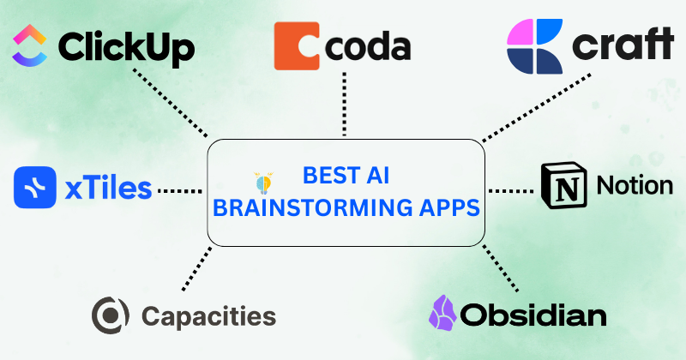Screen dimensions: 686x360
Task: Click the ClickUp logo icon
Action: [x=30, y=45]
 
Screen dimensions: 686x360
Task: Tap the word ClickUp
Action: [x=126, y=48]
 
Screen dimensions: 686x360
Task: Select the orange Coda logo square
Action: [x=297, y=46]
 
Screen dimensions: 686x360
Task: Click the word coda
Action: [x=368, y=46]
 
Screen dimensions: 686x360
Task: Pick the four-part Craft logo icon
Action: [x=534, y=46]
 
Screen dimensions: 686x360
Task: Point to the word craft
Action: [x=623, y=44]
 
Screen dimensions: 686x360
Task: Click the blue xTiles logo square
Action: [x=35, y=187]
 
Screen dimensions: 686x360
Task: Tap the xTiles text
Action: [x=109, y=188]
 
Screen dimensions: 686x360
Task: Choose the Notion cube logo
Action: [x=564, y=185]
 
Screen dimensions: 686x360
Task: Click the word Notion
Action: [x=635, y=185]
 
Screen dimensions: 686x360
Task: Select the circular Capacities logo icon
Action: [x=111, y=315]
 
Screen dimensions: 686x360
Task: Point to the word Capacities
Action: [x=208, y=315]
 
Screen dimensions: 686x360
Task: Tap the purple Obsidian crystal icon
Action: [x=442, y=312]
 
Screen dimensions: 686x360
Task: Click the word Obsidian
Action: [x=533, y=315]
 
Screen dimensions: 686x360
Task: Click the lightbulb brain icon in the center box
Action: [x=263, y=183]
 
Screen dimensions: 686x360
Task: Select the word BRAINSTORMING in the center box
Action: [x=312, y=207]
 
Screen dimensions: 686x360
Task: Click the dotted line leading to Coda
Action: [x=345, y=104]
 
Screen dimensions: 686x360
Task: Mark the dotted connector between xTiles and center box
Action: [x=180, y=191]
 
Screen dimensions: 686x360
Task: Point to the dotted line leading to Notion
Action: [x=511, y=191]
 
